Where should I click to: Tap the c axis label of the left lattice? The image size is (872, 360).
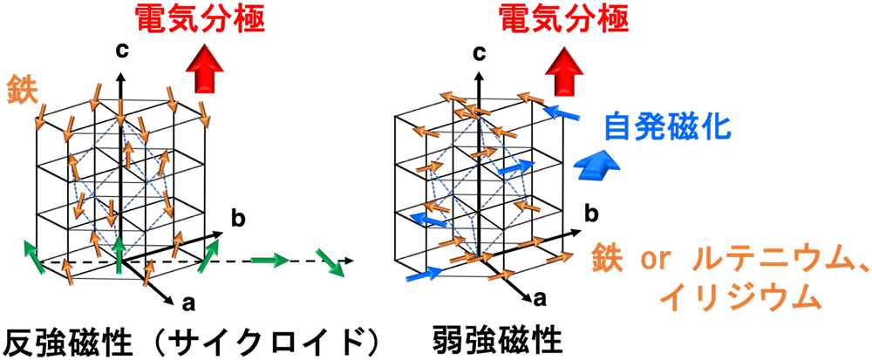coord(122,51)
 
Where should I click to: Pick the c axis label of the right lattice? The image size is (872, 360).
coord(479,53)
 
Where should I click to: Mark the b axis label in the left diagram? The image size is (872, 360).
coord(238,217)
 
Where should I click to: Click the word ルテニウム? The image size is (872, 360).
coord(754,261)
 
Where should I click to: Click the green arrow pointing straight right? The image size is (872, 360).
coord(268,259)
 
